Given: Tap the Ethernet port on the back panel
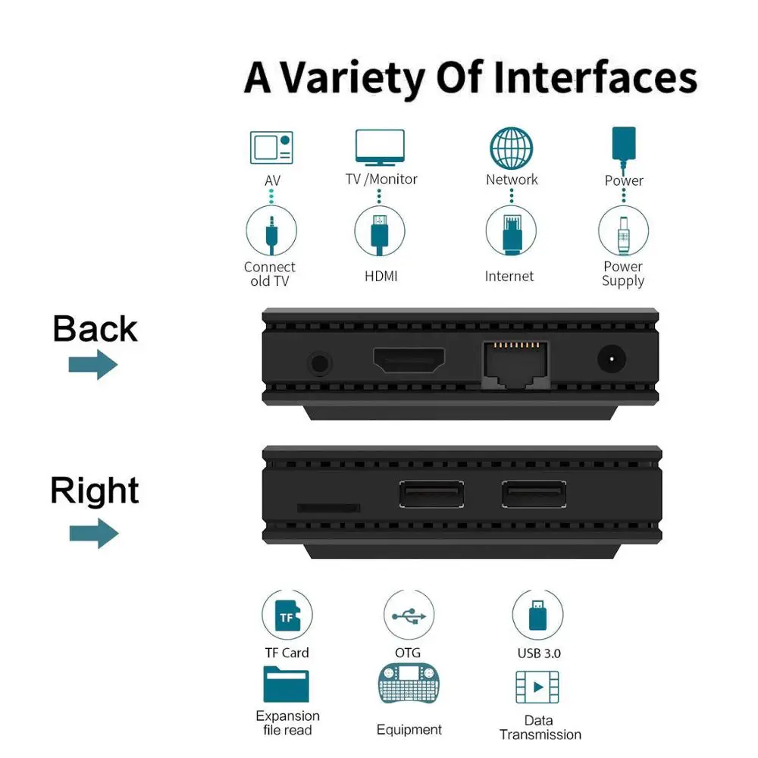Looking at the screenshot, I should click(x=515, y=362).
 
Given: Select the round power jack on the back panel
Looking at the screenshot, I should click(x=612, y=360).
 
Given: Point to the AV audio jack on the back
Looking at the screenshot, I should click(x=320, y=363).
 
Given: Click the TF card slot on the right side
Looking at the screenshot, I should click(x=327, y=507).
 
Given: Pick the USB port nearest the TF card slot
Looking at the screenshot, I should click(x=431, y=494).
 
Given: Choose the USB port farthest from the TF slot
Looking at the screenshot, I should click(x=534, y=494).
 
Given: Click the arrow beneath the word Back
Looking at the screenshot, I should click(x=93, y=365).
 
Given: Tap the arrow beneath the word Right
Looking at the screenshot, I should click(x=94, y=534).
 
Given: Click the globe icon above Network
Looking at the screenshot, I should click(x=512, y=148).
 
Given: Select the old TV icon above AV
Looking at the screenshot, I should click(x=271, y=147).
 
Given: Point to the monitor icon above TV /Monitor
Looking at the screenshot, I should click(x=381, y=147).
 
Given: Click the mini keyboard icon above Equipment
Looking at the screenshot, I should click(x=409, y=684).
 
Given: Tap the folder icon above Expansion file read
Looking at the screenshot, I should click(x=287, y=684).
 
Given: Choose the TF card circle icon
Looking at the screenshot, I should click(x=287, y=616).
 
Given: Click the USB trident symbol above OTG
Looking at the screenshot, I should click(x=409, y=615).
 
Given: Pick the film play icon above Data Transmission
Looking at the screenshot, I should click(x=537, y=687).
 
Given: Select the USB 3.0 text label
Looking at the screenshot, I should click(x=539, y=653).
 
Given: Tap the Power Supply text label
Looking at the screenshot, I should click(x=623, y=274).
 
